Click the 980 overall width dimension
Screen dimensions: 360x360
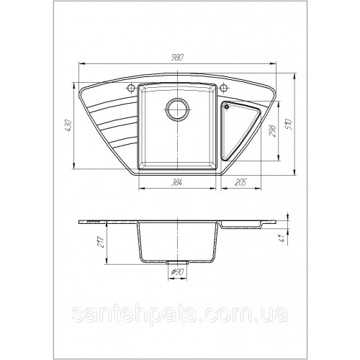point(178,58)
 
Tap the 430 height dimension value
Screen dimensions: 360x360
point(68,125)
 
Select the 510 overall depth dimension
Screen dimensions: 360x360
point(289,124)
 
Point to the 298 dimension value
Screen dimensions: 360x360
point(272,130)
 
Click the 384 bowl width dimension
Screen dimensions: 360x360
point(177,183)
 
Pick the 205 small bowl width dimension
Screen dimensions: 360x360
point(240,183)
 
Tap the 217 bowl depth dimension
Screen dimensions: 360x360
point(101,242)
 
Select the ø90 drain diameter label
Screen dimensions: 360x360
point(177,272)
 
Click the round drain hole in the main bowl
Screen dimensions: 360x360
point(177,109)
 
